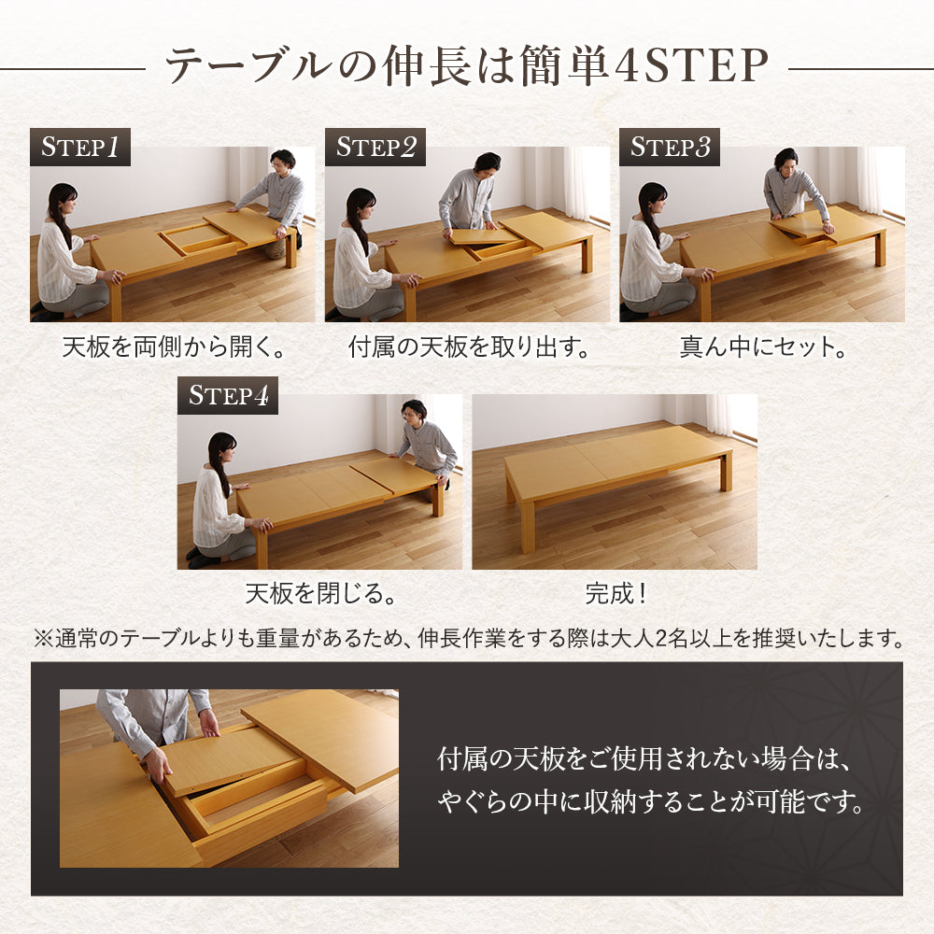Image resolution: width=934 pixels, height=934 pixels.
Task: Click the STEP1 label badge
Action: coord(79,147)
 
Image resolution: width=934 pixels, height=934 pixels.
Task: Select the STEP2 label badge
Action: coord(375,147)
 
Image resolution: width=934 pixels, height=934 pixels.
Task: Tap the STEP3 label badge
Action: coord(670,147)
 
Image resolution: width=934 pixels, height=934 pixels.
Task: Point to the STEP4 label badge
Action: coord(228,395)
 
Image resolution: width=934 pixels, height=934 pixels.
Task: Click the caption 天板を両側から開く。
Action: coord(174,347)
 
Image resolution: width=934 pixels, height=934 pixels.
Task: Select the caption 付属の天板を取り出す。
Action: coord(469,347)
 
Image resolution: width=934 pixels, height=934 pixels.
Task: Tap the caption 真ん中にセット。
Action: coord(763,347)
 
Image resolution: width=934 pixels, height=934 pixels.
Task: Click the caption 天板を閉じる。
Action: coord(320,593)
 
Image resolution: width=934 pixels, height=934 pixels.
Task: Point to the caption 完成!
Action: coord(616,593)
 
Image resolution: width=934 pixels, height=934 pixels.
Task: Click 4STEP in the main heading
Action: coord(690,65)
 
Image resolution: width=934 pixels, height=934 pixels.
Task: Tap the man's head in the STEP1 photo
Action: coord(283,161)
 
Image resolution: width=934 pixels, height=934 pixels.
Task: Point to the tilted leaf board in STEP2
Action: coord(486,236)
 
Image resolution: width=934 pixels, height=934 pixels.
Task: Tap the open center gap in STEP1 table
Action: coord(196,237)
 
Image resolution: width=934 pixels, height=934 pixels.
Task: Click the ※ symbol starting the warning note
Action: coord(44,639)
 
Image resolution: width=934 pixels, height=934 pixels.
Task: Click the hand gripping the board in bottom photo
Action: coord(157,764)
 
